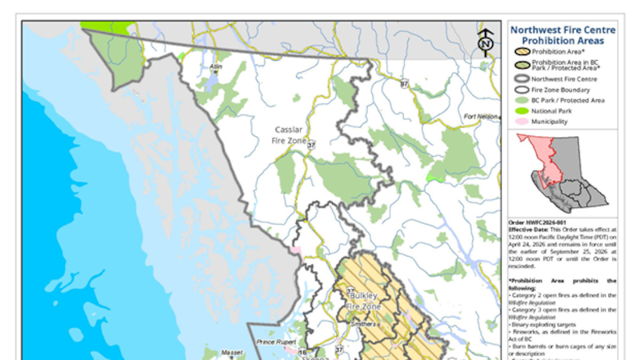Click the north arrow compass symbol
tap(485, 43)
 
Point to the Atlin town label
tap(214, 66)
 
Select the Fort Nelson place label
tap(480, 117)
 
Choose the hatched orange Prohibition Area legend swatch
tap(522, 52)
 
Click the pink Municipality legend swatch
tap(522, 122)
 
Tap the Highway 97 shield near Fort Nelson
tap(405, 83)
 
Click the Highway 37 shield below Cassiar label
tap(311, 145)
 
